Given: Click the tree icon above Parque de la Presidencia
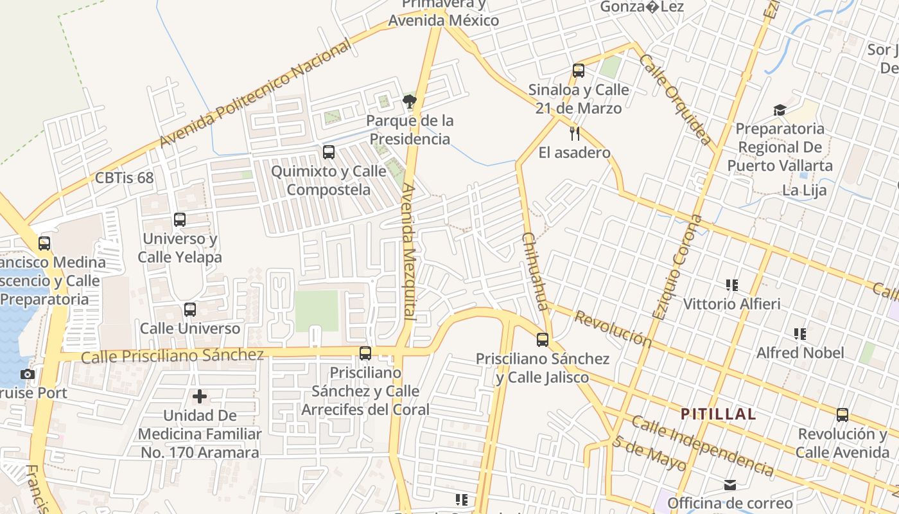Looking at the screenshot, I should click(409, 101).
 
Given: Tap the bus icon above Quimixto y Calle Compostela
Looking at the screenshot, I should click(328, 152).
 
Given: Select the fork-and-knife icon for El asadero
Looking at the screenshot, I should click(575, 133).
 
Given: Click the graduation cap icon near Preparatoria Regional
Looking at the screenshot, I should click(780, 110).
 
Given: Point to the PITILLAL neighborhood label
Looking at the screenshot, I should click(718, 414).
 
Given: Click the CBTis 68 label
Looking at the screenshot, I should click(124, 177).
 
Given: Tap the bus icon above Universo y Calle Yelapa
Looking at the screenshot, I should click(180, 220).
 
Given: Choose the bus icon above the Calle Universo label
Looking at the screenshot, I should click(190, 309).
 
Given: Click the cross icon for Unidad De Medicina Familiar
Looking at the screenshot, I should click(200, 396).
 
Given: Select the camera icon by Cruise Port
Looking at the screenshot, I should click(27, 374).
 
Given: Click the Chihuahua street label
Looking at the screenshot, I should click(534, 270).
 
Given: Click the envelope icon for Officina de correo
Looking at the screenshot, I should click(730, 484).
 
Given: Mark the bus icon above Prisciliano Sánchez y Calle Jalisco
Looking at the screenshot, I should click(543, 339).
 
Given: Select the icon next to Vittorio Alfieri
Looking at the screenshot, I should click(731, 285).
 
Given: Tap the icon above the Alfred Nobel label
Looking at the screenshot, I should click(799, 333).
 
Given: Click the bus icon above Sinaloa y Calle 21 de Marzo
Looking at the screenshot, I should click(579, 71).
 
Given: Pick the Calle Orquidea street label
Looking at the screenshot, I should click(676, 100).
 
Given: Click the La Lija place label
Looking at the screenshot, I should click(804, 190).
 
